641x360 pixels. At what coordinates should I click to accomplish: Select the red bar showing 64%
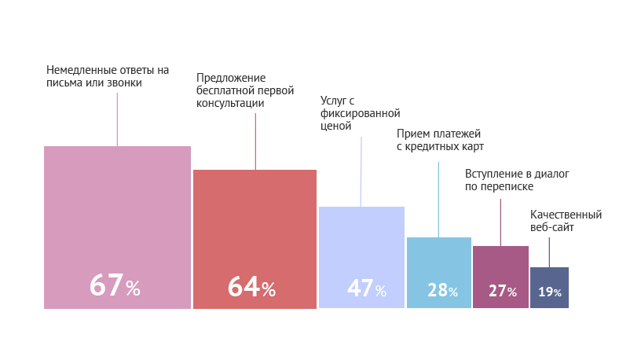click(255, 220)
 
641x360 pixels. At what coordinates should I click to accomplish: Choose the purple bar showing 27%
click(500, 263)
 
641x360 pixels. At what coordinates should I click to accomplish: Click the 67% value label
click(115, 286)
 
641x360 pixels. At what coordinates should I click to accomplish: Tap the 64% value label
click(251, 288)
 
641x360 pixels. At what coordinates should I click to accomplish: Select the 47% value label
click(367, 289)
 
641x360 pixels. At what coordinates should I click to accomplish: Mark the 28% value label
click(442, 291)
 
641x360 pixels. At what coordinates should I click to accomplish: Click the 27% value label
click(503, 292)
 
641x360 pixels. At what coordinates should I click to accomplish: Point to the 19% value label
click(550, 292)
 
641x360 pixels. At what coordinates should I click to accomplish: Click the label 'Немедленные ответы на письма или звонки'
click(108, 76)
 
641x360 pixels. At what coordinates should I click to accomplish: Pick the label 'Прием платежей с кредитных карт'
click(439, 141)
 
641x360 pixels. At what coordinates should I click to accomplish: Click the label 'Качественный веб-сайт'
click(566, 220)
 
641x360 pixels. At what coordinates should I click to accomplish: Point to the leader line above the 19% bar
click(549, 252)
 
